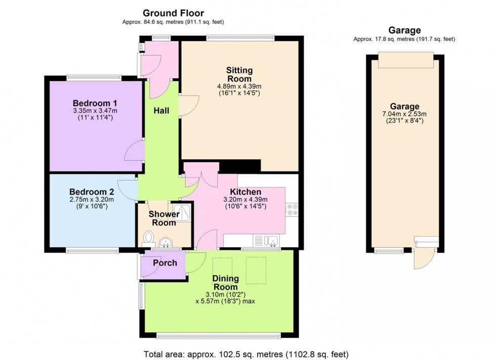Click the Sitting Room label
(239, 74)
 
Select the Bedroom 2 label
(92, 192)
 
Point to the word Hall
(161, 111)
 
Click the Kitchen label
(245, 192)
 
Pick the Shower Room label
(164, 218)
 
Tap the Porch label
(165, 263)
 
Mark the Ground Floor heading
(173, 13)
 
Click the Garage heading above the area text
(404, 30)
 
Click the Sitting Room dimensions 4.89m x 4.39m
(239, 86)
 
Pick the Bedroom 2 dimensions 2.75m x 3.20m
(92, 200)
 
